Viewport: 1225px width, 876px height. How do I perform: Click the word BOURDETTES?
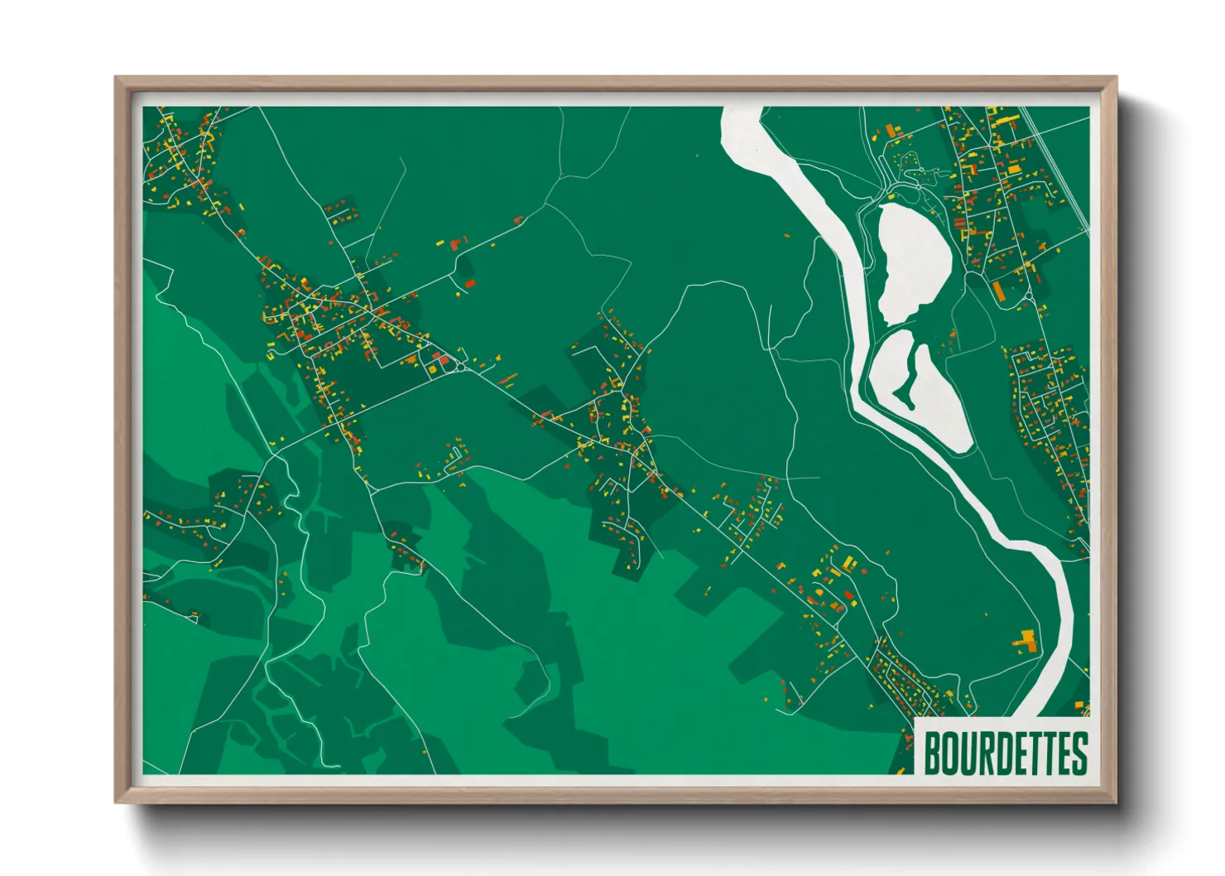(x=1005, y=753)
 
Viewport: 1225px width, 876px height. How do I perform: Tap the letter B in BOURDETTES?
(x=932, y=753)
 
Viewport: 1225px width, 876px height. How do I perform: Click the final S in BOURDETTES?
(x=1079, y=753)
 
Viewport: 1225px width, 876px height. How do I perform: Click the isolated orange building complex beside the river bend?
(x=1026, y=640)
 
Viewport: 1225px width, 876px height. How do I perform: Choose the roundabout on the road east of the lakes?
(x=1028, y=295)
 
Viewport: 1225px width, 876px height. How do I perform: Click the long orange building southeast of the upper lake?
(x=999, y=291)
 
